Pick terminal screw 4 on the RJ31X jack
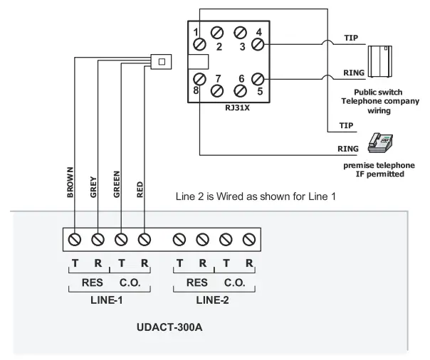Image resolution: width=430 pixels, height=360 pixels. click(258, 43)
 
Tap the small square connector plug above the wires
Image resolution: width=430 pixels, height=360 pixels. click(162, 61)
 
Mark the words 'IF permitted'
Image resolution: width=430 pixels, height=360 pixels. click(377, 174)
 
